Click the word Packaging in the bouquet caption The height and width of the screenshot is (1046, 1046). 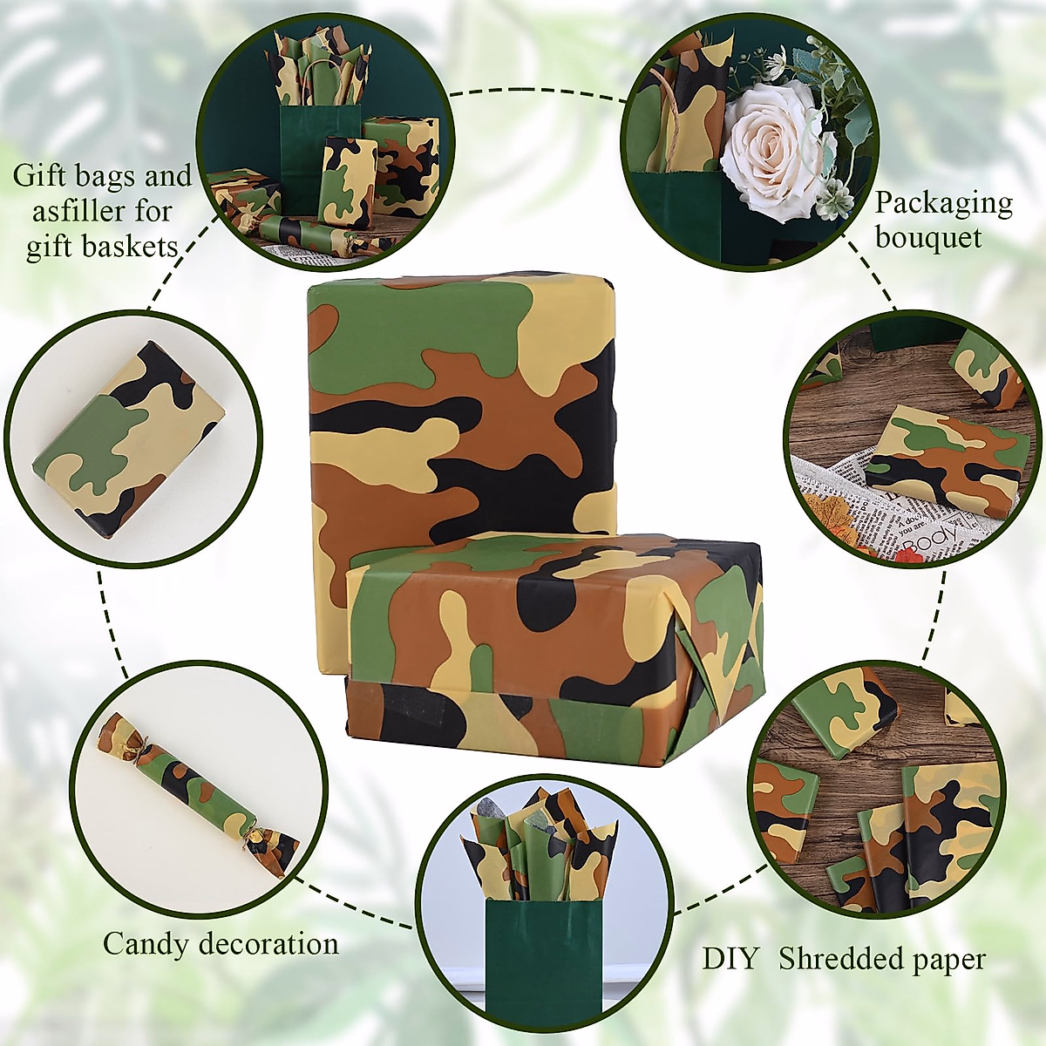coord(943,203)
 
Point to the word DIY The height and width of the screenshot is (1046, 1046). coord(730,959)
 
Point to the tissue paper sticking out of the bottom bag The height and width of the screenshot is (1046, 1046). coord(540,850)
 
